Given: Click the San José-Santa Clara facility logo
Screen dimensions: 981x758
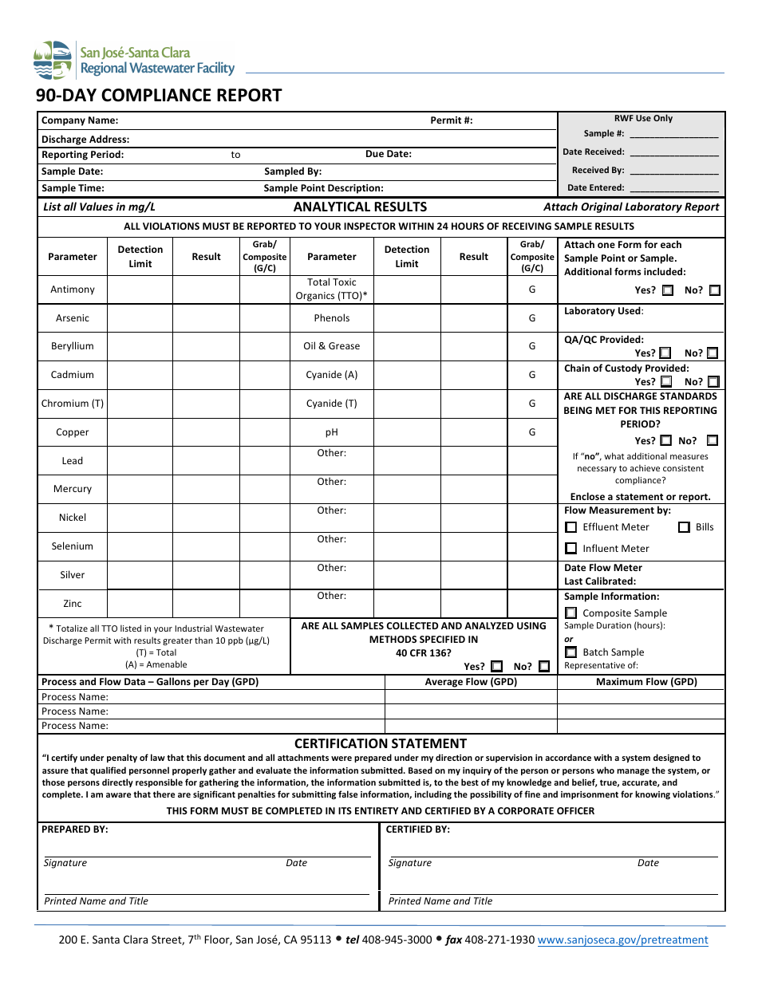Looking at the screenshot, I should click(134, 61).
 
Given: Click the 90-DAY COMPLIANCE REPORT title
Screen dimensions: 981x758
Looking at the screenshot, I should click(159, 96).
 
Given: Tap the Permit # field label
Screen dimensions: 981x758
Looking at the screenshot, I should click(452, 120).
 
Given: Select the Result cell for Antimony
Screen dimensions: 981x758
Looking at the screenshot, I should click(206, 290).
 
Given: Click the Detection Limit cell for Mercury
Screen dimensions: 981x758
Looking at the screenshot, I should click(140, 489).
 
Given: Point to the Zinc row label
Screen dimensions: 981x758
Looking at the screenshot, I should click(73, 604).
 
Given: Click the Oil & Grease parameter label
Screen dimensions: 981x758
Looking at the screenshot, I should click(332, 346).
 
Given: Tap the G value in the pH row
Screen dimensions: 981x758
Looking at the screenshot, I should click(532, 432).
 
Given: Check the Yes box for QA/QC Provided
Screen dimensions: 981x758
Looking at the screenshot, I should click(665, 353).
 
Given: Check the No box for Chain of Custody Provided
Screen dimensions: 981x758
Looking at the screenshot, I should click(713, 382).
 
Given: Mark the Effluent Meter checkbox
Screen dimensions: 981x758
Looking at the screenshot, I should click(571, 527).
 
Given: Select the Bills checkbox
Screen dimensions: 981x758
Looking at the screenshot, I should click(684, 527).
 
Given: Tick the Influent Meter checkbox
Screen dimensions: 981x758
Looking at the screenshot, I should click(571, 549).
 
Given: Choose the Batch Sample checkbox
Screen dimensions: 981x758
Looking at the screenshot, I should click(571, 652).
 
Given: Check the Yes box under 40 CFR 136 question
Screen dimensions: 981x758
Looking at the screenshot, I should click(497, 666).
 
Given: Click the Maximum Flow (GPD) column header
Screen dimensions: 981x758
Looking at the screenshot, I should click(646, 682).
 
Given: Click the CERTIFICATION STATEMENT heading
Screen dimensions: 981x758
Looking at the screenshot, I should click(381, 743).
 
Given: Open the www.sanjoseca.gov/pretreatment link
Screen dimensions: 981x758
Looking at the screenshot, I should click(622, 940).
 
